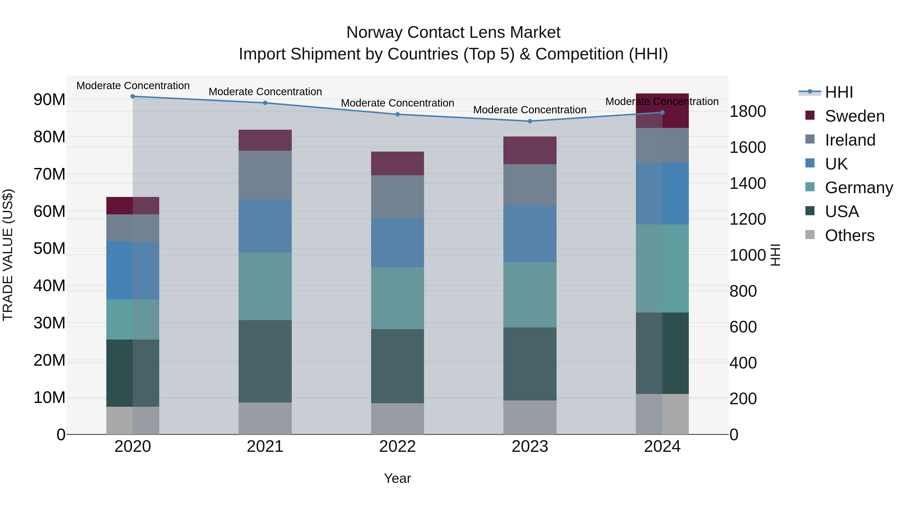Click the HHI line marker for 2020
133,96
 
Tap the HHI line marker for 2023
530,121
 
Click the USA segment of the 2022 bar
398,366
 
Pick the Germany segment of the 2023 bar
530,295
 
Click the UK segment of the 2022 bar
398,243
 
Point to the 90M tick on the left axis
49,99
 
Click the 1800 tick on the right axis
748,111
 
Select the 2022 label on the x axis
398,447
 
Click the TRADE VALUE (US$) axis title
8,255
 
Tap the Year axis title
398,478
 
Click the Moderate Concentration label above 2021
265,91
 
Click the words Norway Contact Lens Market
453,32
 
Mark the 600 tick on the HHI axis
743,327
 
